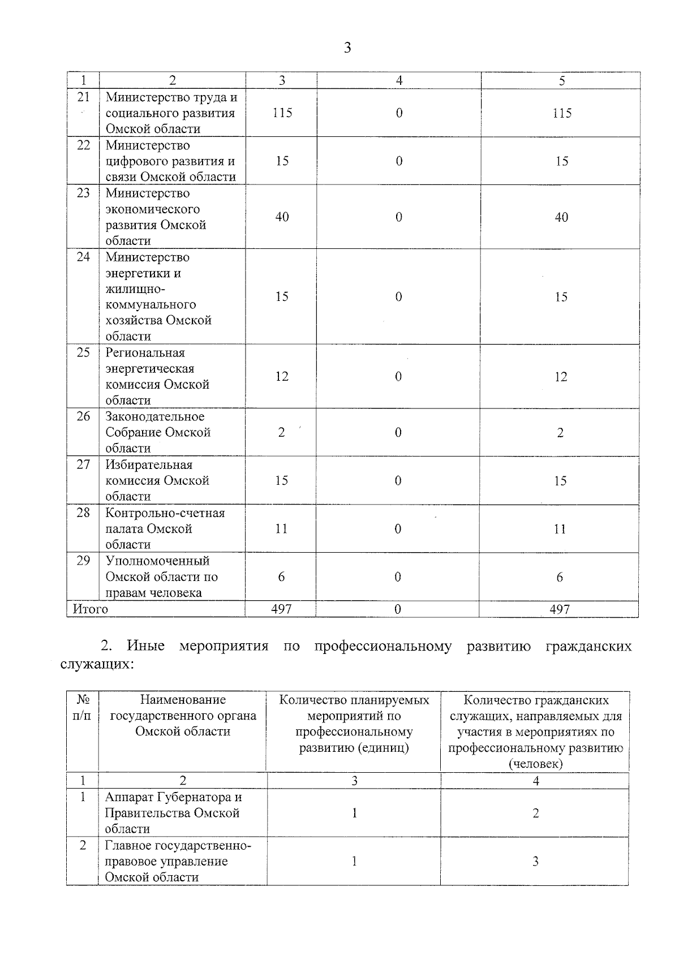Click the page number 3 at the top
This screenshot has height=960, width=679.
[347, 48]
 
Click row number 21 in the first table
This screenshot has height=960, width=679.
[83, 97]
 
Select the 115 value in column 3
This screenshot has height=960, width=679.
[282, 113]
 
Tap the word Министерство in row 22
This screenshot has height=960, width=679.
[148, 145]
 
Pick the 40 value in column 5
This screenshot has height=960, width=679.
[561, 217]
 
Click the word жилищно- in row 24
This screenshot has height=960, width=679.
[135, 289]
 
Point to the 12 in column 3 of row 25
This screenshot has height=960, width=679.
[282, 376]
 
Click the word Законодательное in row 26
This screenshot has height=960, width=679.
[155, 417]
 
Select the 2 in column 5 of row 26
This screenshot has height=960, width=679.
[560, 433]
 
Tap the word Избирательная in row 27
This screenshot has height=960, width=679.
[149, 465]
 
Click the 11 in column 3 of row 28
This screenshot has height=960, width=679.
[281, 529]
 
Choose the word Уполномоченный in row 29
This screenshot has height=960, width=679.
[157, 561]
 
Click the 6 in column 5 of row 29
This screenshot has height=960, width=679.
[560, 577]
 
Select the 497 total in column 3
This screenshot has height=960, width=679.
[281, 609]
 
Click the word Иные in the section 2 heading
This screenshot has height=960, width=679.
[145, 646]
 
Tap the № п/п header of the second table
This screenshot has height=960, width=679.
[83, 708]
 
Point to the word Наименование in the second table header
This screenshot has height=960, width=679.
[183, 700]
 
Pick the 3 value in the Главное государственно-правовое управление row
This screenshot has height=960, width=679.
[535, 862]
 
